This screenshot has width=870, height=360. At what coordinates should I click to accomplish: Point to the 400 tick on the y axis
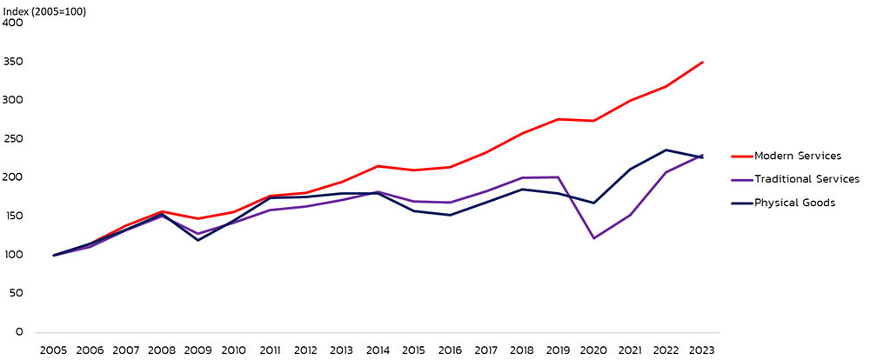tap(13, 23)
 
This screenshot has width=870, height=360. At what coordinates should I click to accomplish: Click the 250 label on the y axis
tap(13, 139)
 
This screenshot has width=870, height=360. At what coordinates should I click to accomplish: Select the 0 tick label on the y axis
tap(19, 332)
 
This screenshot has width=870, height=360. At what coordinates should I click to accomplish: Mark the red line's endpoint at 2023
tap(702, 62)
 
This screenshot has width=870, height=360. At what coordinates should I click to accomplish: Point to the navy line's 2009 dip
tap(198, 240)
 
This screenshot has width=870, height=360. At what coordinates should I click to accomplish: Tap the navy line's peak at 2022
tap(666, 150)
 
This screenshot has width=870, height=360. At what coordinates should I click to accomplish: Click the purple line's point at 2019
tap(559, 177)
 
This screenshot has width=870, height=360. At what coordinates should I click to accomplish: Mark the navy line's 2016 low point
tap(450, 215)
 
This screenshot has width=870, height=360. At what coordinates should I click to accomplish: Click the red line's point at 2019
tap(559, 119)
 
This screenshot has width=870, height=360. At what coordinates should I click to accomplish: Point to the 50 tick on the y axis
tap(16, 294)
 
